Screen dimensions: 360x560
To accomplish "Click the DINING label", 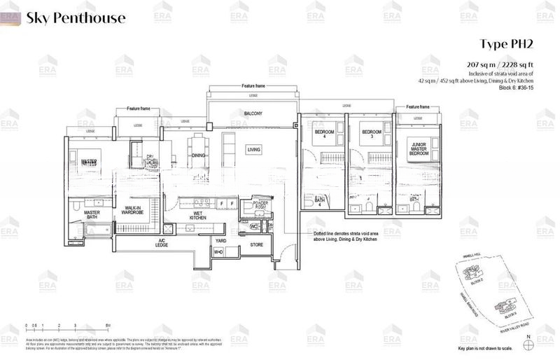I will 199,155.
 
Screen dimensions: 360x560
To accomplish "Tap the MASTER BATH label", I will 92,215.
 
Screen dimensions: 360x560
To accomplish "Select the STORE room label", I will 256,245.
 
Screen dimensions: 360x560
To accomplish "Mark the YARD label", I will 220,240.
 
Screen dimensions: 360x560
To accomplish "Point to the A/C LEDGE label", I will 160,243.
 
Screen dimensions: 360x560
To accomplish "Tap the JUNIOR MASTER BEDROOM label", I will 417,147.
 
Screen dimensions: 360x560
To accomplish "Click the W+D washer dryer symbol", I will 218,251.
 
